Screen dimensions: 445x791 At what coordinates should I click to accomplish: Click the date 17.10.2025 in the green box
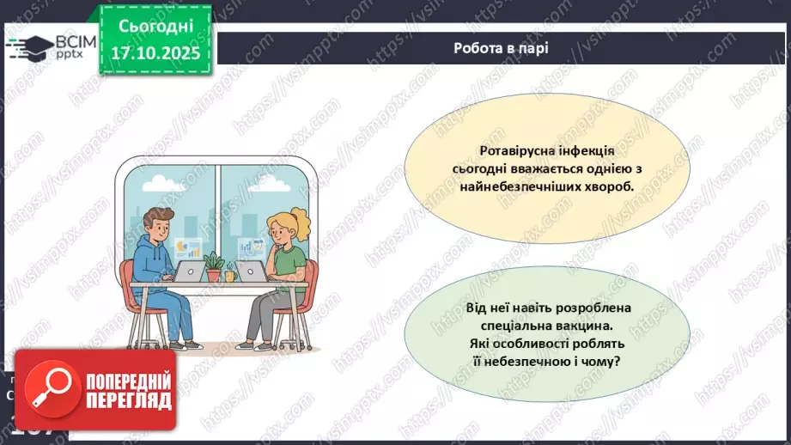[x=155, y=52]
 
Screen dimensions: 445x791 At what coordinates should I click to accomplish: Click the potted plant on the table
[x=214, y=262]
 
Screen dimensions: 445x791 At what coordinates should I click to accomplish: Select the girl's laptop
[x=252, y=271]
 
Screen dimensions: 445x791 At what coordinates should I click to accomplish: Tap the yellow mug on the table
[x=229, y=276]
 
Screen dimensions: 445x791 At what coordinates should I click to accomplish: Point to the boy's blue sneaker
[x=194, y=344]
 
